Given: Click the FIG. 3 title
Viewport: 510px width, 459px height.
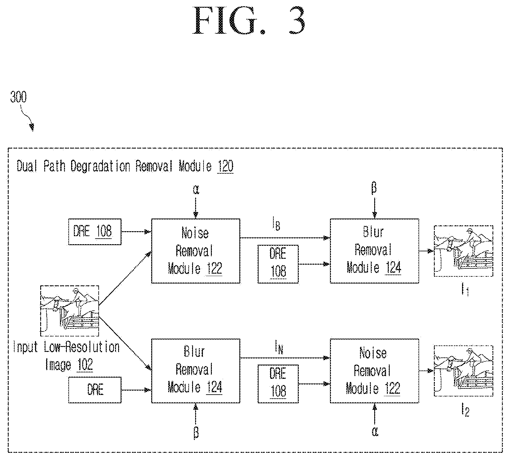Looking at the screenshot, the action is pos(249,21).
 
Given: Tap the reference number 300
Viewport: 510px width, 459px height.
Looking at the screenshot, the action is pos(18,97).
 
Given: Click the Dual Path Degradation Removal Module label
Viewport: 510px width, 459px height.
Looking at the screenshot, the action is pos(125,167).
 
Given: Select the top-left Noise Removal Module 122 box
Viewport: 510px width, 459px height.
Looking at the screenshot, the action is pos(195,251).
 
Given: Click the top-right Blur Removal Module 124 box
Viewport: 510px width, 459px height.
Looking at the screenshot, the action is pos(375,251).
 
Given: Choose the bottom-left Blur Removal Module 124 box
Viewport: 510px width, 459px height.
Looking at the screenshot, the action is pos(195,371).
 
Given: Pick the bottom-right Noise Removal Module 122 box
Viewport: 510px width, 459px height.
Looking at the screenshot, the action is pos(375,371).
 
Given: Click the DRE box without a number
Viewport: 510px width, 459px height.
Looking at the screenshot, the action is pos(95,390).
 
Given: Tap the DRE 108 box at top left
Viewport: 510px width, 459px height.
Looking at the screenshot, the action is pos(95,232).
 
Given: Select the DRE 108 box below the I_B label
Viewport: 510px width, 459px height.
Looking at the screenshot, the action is pos(278,264).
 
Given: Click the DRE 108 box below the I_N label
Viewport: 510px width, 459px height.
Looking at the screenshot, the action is pos(278,384).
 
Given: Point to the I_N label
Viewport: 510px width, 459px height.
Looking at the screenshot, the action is pos(279,349).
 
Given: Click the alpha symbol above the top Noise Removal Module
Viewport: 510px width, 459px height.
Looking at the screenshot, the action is pos(195,190).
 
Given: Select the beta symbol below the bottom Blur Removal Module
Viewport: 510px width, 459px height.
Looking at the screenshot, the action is pos(195,431).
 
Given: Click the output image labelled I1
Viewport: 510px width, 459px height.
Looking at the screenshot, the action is pos(464,251).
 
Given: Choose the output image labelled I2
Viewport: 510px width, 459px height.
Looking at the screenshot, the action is pos(464,371).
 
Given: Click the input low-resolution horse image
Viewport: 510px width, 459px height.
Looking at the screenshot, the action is pos(70,311).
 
